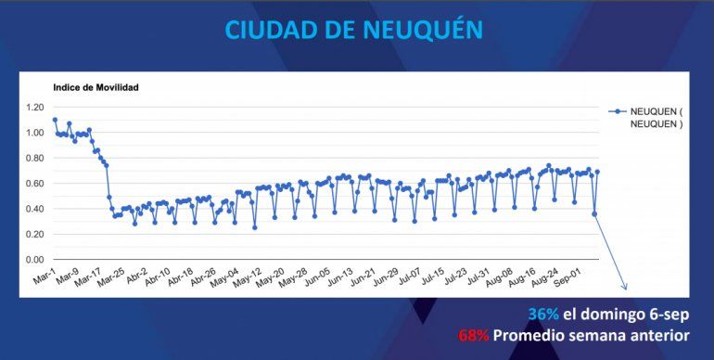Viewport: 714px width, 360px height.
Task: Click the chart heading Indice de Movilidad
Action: [96, 87]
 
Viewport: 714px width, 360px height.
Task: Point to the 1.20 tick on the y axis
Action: [34, 108]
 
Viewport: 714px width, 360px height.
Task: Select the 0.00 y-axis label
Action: [34, 260]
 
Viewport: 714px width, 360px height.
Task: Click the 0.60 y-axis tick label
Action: [34, 184]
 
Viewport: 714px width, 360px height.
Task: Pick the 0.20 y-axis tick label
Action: [34, 235]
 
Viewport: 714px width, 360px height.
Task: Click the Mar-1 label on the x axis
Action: [44, 277]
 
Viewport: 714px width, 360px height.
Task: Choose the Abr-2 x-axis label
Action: [135, 277]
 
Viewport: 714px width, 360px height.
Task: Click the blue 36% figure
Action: [542, 314]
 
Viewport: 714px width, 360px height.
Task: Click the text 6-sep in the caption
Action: [670, 314]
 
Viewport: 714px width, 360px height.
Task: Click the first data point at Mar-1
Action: [55, 120]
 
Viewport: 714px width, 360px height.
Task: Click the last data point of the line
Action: [597, 172]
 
